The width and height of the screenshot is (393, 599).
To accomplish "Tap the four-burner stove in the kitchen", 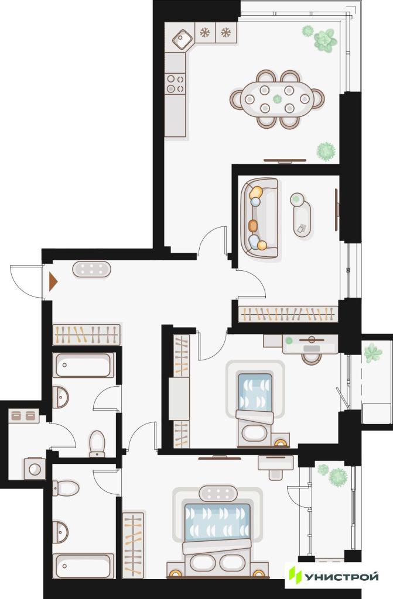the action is tap(175, 84).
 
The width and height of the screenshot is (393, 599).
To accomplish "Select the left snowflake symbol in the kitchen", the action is tap(205, 33).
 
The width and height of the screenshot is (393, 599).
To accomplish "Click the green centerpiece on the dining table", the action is tap(277, 99).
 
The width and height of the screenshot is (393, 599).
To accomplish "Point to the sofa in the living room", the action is tap(259, 218).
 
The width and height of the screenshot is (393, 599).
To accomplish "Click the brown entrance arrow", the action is tap(53, 281).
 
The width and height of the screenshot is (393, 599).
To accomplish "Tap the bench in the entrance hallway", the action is tap(91, 269).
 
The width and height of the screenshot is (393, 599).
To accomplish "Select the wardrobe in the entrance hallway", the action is tap(87, 334).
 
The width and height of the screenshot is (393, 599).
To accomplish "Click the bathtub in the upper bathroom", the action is tap(83, 365).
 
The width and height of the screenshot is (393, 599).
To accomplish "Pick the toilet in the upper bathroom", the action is tap(97, 443).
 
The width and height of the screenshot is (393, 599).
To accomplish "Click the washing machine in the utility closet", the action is tap(35, 469).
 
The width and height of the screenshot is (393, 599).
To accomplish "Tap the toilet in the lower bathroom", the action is tap(66, 488).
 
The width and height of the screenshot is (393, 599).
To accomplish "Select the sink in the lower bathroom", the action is tap(60, 532).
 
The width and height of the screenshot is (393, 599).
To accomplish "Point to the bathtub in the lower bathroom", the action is tap(83, 566).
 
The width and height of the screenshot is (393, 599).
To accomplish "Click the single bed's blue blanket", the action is tap(255, 393).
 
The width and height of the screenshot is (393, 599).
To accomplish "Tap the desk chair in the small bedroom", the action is tap(312, 359).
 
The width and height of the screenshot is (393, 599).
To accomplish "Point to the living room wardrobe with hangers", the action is tap(288, 314).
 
